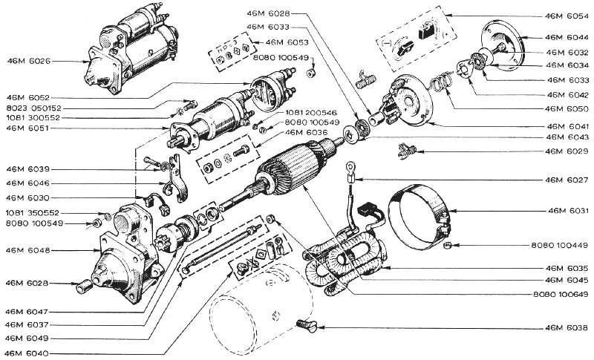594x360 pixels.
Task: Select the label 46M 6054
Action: click(566, 15)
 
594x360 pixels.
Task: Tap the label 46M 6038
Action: click(566, 327)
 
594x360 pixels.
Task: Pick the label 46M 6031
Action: click(566, 212)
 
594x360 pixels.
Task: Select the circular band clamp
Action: click(420, 215)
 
